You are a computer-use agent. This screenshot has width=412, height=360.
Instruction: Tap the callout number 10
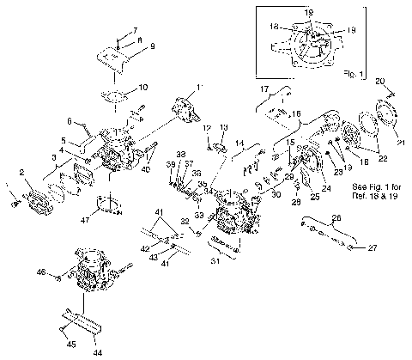pyautogui.click(x=143, y=87)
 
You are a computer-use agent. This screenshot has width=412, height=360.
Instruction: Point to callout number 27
pyautogui.click(x=373, y=249)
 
